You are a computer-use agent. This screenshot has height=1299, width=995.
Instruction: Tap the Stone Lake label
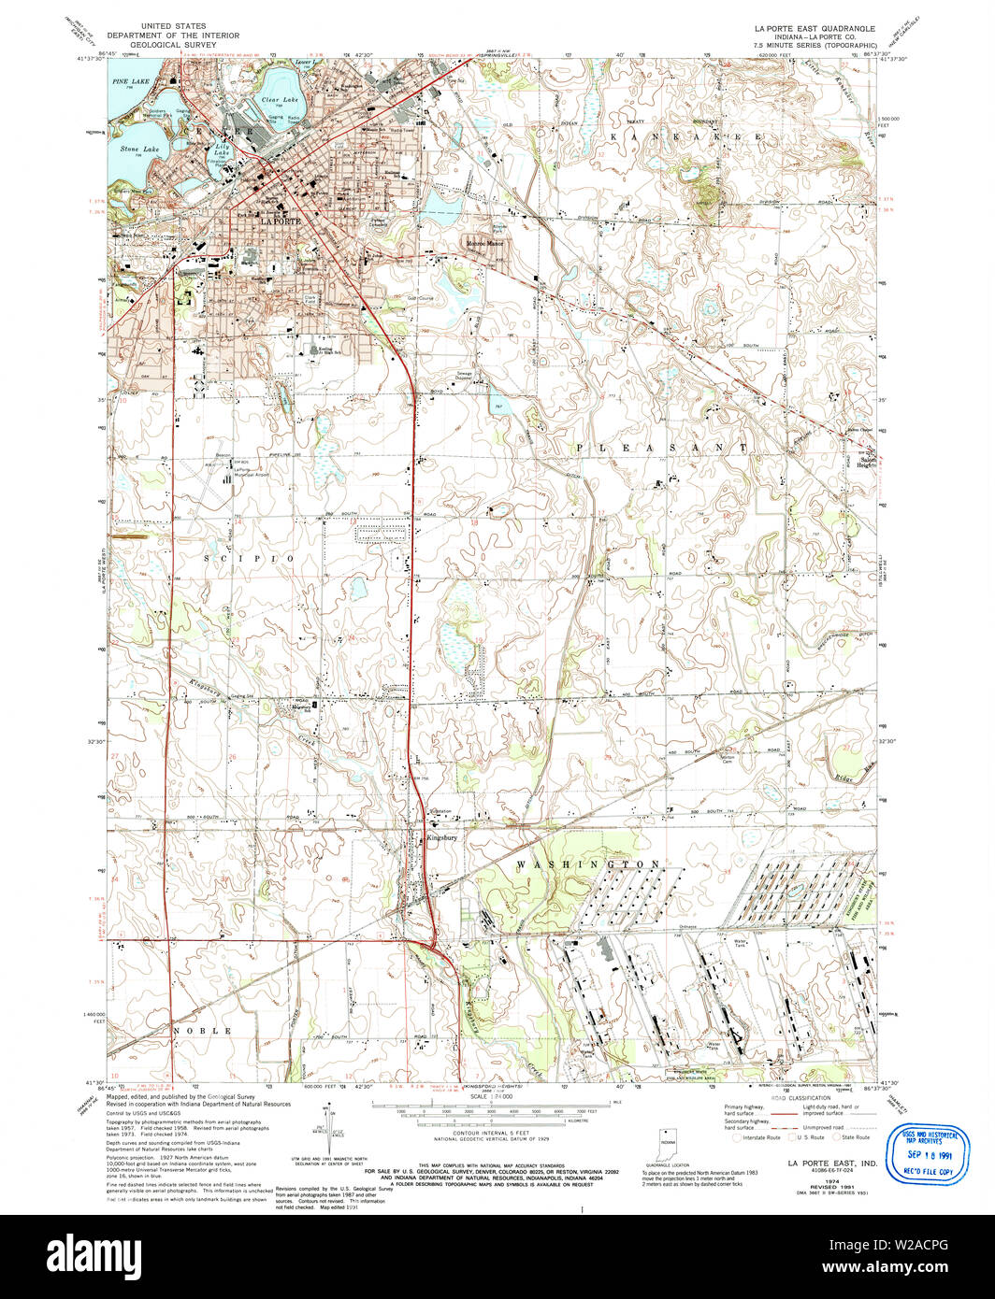coord(138,149)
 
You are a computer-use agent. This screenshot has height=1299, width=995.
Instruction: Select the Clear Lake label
coord(280,99)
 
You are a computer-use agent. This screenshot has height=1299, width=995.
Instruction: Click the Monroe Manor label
coord(485,244)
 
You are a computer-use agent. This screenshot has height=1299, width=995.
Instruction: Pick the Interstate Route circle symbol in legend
coord(737,1137)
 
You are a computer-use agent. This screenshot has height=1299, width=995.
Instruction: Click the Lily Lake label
coord(223,149)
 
